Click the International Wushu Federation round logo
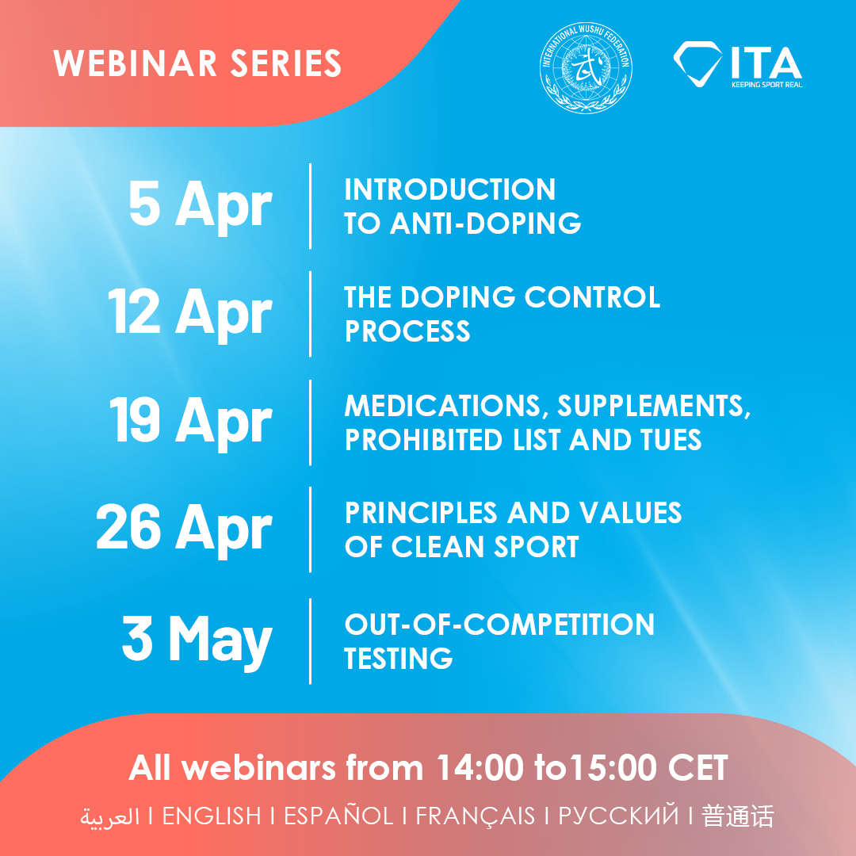click(586, 67)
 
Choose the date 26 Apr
click(184, 529)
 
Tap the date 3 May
click(197, 640)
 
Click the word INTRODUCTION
click(450, 189)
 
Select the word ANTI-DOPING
click(485, 224)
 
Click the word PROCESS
click(407, 331)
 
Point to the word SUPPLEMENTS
click(653, 407)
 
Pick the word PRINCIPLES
click(421, 513)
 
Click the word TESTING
click(399, 658)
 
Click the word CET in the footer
click(698, 768)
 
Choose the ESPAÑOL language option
click(338, 816)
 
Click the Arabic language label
click(109, 817)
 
